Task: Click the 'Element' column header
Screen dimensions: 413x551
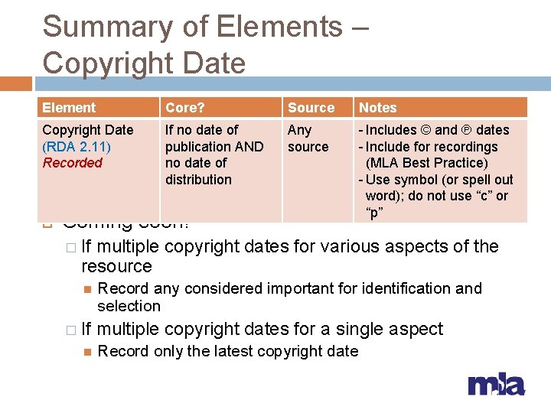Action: pos(69,108)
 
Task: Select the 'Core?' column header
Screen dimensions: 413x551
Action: pos(184,108)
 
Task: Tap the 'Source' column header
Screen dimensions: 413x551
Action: pos(311,108)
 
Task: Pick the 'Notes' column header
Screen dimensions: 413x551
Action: pos(378,108)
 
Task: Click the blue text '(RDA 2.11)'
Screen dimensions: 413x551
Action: pos(77,146)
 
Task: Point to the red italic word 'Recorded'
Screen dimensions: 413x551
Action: pos(72,162)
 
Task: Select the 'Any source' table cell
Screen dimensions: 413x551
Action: pos(308,138)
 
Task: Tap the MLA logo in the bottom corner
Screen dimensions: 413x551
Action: pos(496,385)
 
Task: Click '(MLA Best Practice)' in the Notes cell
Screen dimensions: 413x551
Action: pos(427,163)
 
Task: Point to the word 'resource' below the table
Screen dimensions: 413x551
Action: pos(116,266)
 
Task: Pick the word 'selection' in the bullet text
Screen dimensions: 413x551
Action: pos(129,306)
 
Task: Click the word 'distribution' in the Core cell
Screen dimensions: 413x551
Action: pos(198,180)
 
